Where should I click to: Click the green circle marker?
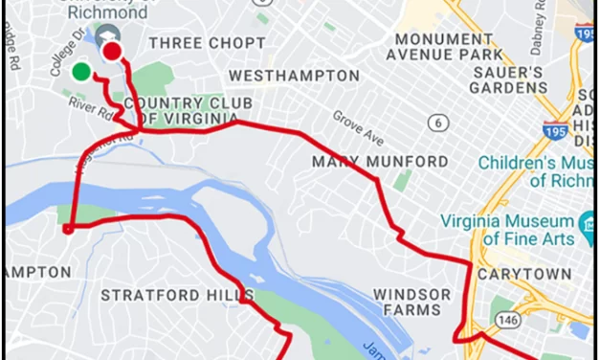point(81,71)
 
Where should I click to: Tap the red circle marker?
point(113,52)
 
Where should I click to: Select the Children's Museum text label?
point(538,171)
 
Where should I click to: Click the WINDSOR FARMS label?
point(411,302)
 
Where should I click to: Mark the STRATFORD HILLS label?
point(178,295)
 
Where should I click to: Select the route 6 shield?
point(439,123)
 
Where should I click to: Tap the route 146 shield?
point(503,316)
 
